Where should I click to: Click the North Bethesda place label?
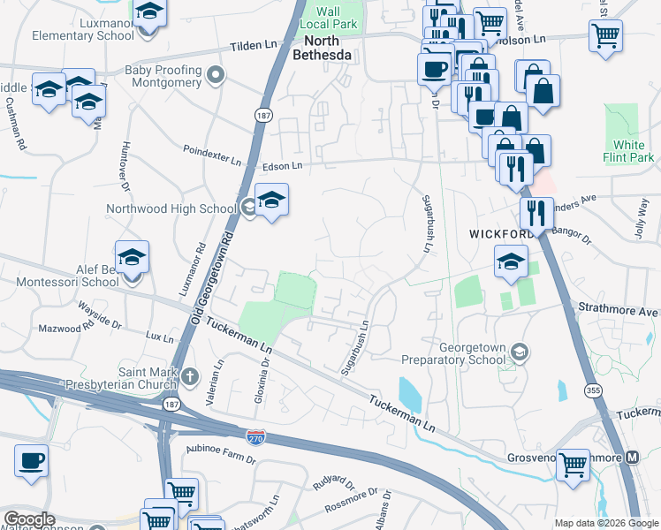pyautogui.click(x=328, y=48)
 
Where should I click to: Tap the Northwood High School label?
pyautogui.click(x=171, y=208)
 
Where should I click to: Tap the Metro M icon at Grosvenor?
pyautogui.click(x=632, y=458)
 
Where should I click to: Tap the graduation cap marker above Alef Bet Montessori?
pyautogui.click(x=133, y=258)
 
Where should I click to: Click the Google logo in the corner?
pyautogui.click(x=28, y=519)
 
